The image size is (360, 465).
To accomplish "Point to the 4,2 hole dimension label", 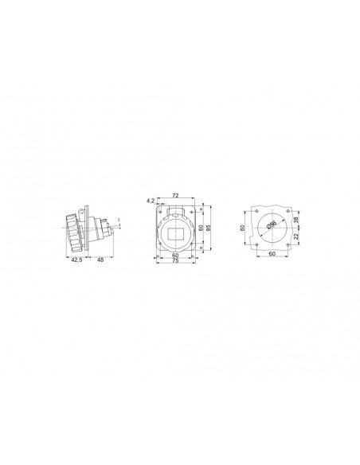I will [151, 201].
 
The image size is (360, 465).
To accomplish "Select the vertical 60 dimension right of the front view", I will [202, 227].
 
